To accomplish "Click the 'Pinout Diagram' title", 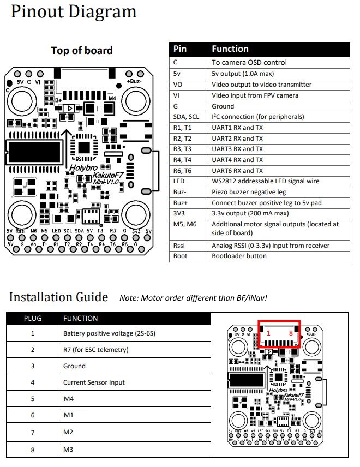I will [x=74, y=12].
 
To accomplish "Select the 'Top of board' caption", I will [x=82, y=51].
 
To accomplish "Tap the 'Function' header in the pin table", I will [x=230, y=49].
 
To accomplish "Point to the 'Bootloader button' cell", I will [x=239, y=256].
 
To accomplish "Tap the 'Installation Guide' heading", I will [x=59, y=297].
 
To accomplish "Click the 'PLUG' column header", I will [x=33, y=318].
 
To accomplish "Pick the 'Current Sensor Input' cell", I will [x=94, y=382].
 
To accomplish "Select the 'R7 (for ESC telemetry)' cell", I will [x=96, y=349].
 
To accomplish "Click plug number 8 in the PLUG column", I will [x=33, y=450].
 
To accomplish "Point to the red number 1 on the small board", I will [x=268, y=333].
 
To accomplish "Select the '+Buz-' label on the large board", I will [x=134, y=81].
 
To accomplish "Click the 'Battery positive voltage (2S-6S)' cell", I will [x=109, y=333].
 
